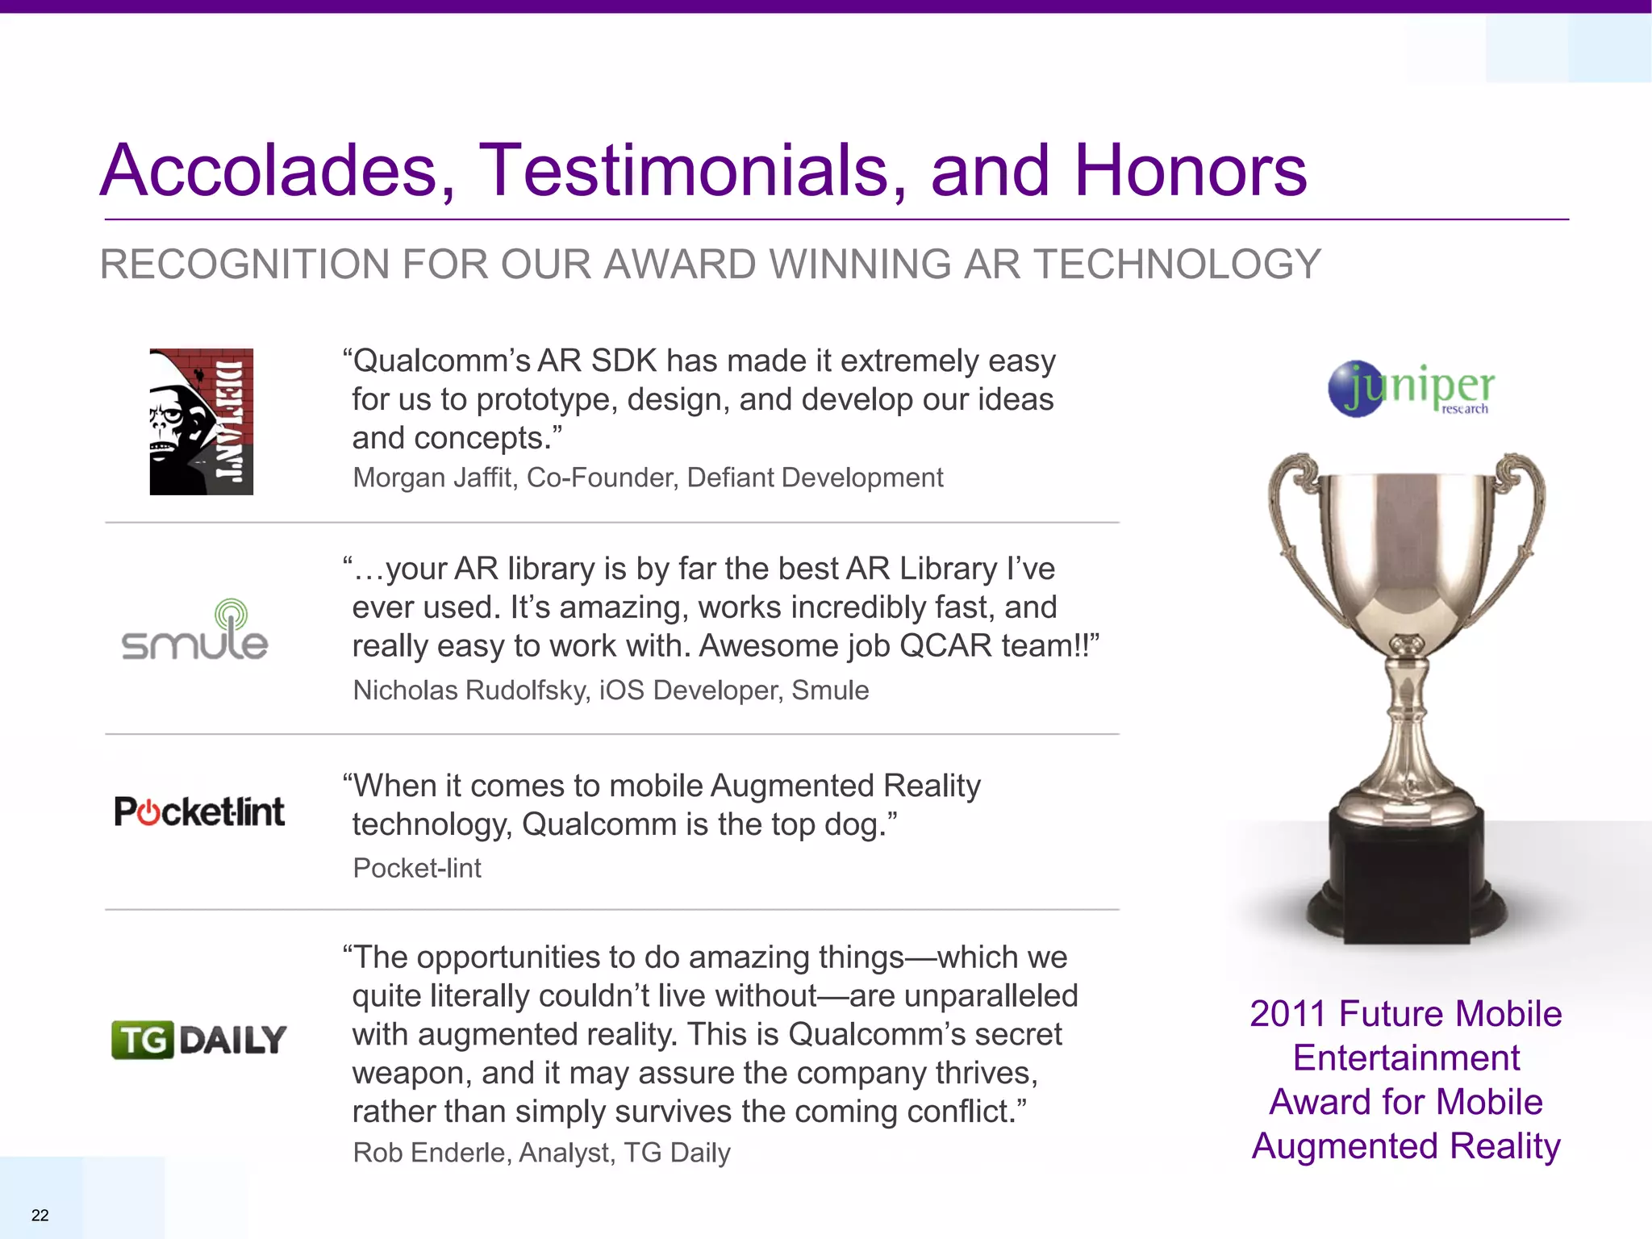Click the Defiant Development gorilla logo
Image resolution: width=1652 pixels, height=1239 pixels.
[201, 421]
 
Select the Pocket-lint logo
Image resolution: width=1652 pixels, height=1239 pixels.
[199, 811]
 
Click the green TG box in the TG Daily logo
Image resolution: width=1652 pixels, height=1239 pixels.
[143, 1040]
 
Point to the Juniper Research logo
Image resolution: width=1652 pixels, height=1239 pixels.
[1412, 389]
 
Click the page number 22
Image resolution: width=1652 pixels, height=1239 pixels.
[40, 1215]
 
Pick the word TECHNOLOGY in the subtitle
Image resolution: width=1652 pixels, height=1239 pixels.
[1178, 265]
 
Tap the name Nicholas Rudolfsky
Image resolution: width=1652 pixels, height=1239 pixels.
[470, 690]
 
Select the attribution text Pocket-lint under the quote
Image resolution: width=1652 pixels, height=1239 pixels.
[417, 868]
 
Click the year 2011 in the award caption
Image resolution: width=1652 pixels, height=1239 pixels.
[1287, 1014]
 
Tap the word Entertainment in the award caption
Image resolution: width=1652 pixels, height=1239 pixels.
[1406, 1058]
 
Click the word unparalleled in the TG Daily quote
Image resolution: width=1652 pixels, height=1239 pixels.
[991, 996]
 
